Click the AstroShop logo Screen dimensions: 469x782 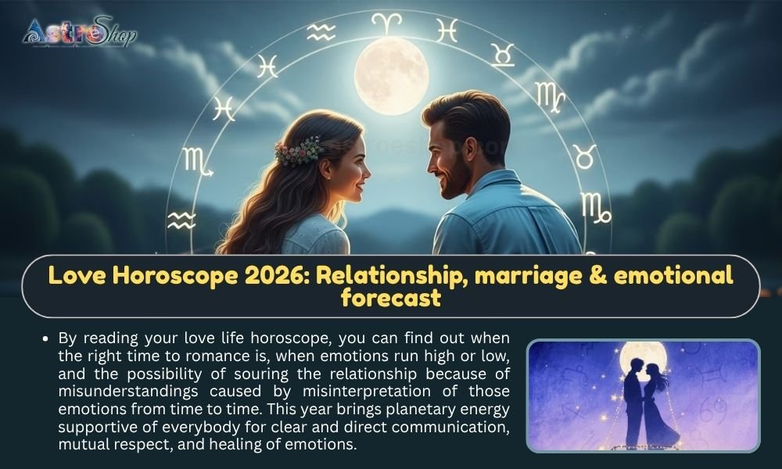79,32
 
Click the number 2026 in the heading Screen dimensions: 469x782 292,275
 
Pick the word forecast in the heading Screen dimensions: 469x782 390,299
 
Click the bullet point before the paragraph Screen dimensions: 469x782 48,338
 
